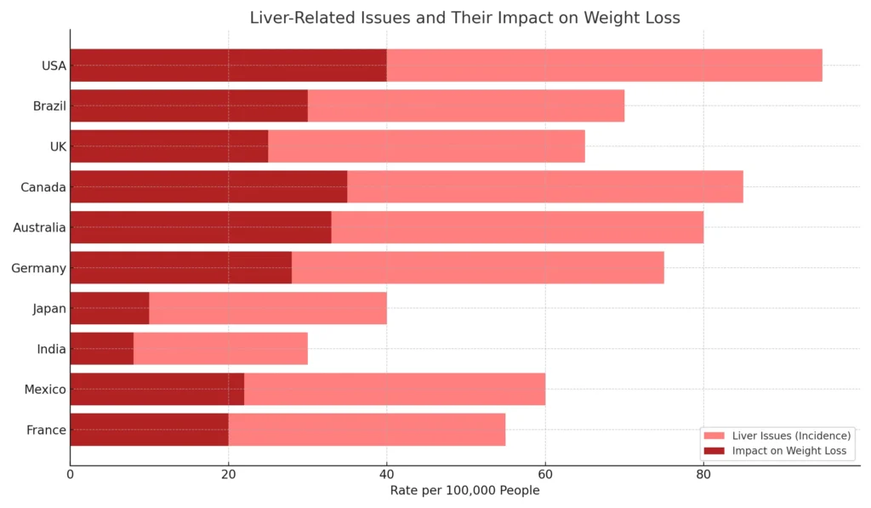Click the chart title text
[464, 18]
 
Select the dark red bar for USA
[228, 66]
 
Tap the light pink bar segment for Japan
[268, 308]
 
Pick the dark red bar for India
[102, 349]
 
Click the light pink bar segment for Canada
[544, 187]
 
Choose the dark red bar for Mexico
[157, 389]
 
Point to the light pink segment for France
[367, 430]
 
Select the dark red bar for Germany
[180, 268]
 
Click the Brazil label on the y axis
[49, 106]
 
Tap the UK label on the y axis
[57, 146]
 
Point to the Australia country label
[39, 227]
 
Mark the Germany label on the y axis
[38, 268]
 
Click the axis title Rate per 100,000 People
[464, 490]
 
